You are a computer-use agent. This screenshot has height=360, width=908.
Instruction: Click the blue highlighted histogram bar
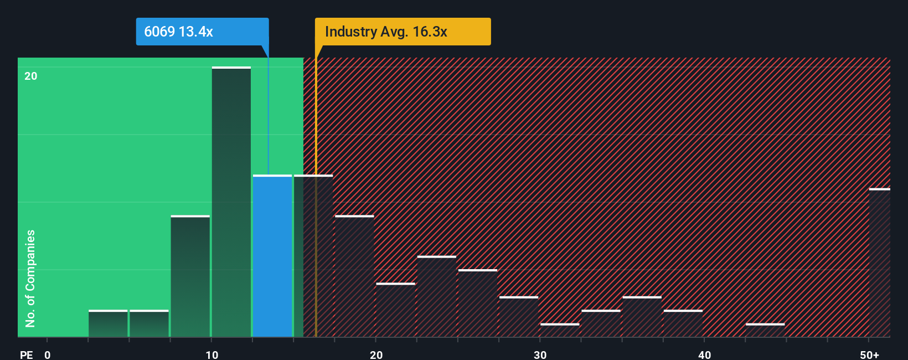coord(272,256)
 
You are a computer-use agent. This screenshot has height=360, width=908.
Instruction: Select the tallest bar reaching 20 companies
coord(231,202)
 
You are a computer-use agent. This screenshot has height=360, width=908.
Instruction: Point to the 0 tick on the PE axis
coord(48,354)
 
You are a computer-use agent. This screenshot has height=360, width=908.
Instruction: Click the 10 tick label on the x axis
coord(211,354)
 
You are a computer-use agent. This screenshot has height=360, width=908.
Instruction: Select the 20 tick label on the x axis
coord(376,354)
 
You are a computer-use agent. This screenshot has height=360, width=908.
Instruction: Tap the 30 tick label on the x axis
coord(540,354)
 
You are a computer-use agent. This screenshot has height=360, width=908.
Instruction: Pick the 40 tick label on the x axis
coord(704,354)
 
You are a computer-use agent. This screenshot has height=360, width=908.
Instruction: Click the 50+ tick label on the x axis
coord(869,354)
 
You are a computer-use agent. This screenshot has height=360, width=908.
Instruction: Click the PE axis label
coord(27,354)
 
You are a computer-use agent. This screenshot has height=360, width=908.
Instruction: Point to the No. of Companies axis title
coord(30,278)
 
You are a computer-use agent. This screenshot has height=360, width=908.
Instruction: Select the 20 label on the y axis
coord(31,76)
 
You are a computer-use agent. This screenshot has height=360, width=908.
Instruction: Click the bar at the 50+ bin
coord(879,263)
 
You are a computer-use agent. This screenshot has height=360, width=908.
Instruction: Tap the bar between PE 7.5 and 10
coord(190,276)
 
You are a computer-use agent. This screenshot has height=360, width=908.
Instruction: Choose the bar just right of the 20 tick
coord(395,310)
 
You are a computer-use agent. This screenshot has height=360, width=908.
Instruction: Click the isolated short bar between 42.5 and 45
coord(765,330)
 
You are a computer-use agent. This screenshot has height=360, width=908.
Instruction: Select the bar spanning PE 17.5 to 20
coord(354,276)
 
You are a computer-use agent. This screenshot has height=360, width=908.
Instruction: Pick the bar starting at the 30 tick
coord(560,330)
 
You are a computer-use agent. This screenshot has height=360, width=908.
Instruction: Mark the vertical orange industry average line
coord(316,222)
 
